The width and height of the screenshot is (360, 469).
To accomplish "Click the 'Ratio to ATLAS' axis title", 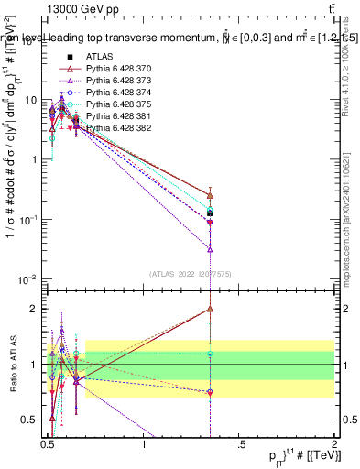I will click(12, 364).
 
